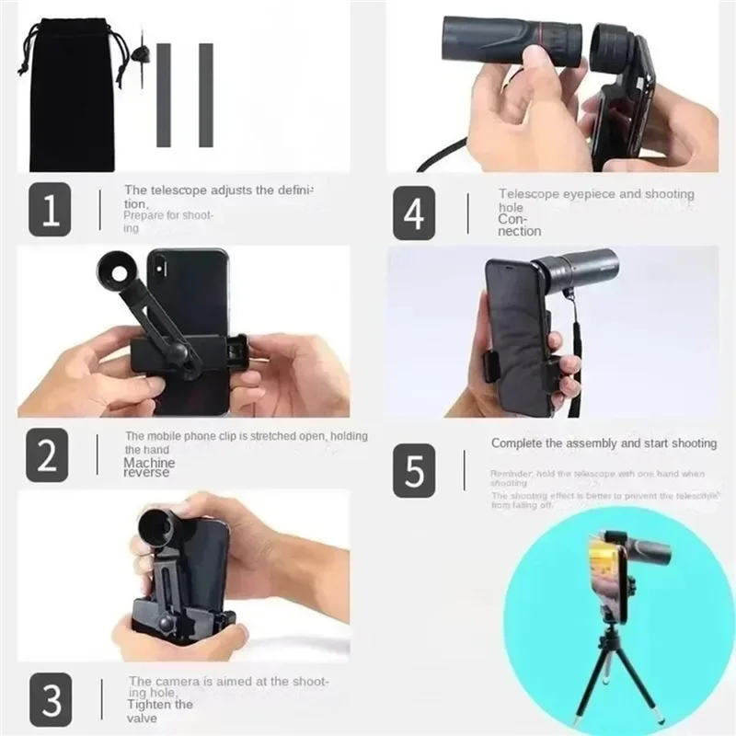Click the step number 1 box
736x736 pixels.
tap(49, 210)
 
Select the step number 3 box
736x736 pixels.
tap(49, 698)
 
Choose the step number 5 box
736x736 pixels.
tap(414, 470)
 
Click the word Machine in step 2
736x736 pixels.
tap(149, 462)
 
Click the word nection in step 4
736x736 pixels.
tap(520, 232)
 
